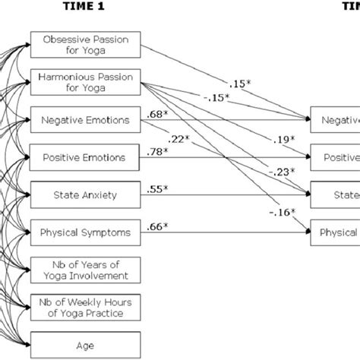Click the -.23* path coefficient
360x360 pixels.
point(278,172)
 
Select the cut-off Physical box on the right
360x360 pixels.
point(334,232)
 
